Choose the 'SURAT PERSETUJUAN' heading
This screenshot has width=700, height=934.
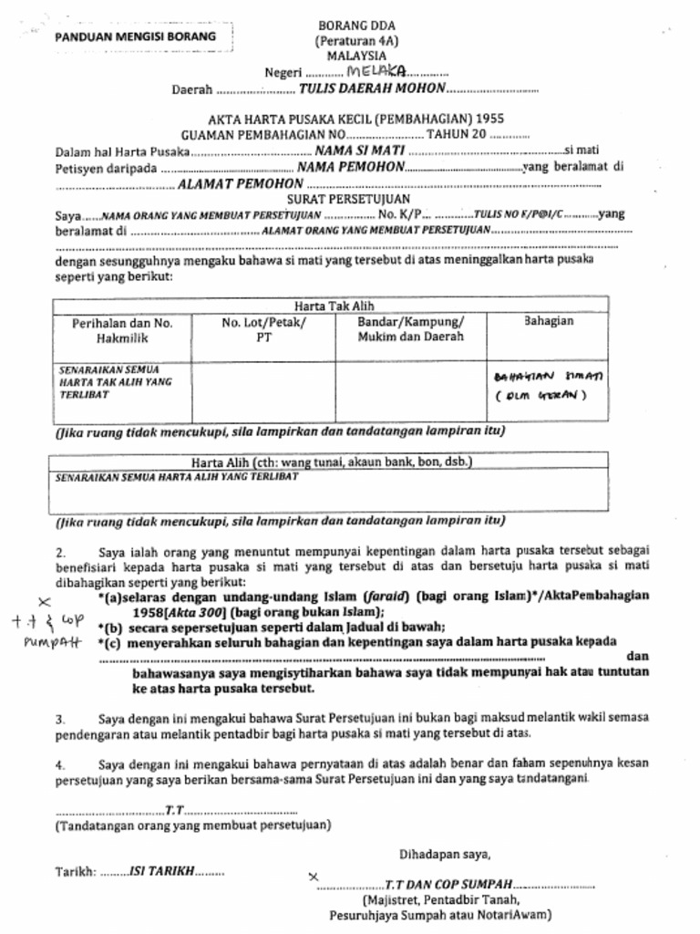pyautogui.click(x=348, y=198)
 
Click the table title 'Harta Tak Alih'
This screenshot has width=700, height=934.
pyautogui.click(x=334, y=306)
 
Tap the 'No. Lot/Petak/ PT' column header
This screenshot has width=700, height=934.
pyautogui.click(x=263, y=329)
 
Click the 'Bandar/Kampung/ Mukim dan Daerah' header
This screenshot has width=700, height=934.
pyautogui.click(x=410, y=329)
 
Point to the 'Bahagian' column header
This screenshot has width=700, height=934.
pyautogui.click(x=549, y=322)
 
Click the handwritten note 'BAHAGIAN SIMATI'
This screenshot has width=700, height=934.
pyautogui.click(x=553, y=376)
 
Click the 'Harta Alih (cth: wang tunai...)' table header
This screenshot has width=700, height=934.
pyautogui.click(x=331, y=462)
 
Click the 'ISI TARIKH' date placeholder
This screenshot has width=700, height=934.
pyautogui.click(x=162, y=870)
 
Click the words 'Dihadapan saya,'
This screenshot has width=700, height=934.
pyautogui.click(x=444, y=855)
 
